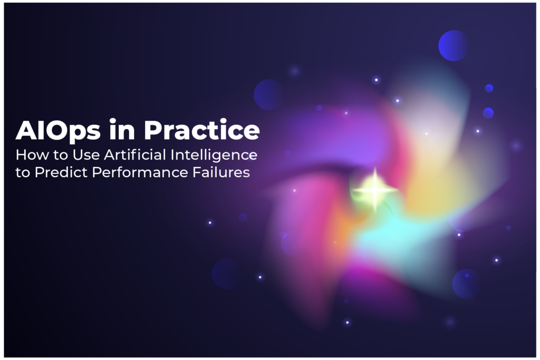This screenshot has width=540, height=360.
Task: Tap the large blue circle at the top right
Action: coord(453,45)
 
